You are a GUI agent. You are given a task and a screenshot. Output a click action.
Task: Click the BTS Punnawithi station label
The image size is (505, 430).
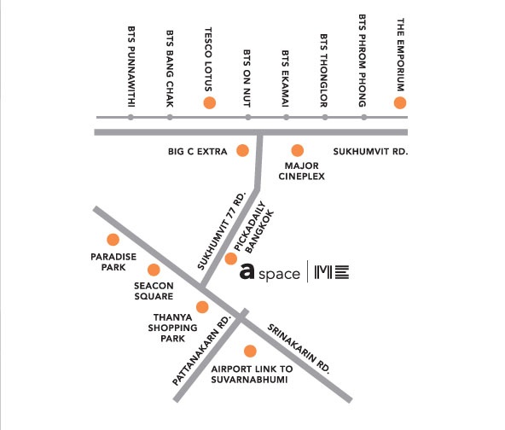coord(131,67)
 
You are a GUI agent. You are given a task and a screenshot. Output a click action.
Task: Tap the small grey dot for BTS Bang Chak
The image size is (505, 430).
coord(170,117)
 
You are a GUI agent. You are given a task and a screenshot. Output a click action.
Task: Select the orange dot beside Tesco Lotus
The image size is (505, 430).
coord(210,102)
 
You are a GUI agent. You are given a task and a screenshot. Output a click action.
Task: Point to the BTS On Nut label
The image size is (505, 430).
coord(247,78)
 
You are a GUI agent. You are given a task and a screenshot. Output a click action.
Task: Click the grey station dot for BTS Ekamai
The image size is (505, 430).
coord(286,117)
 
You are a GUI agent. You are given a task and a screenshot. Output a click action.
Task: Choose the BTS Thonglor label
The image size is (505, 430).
coord(324,71)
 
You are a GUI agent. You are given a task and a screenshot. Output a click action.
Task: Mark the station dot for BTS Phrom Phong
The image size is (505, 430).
coord(364,117)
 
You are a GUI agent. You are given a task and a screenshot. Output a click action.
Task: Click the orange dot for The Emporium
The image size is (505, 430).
coord(400,102)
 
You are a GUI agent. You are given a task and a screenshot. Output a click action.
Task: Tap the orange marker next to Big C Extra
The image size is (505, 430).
coord(242,150)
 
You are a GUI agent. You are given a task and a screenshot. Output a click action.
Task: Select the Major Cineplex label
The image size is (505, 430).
coord(301,171)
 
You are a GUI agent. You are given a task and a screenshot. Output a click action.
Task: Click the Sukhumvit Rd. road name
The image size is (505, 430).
coord(370,151)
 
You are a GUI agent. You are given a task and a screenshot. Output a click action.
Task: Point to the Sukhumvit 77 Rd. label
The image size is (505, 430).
coord(222,230)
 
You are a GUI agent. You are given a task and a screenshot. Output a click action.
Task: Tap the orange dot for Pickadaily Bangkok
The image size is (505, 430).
coord(231,259)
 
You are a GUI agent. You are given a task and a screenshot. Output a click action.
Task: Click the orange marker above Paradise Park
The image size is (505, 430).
coord(113,240)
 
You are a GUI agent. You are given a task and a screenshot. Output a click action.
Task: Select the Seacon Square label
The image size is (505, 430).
coord(154,291)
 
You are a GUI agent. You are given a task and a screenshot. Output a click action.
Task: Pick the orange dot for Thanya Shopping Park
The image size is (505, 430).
coord(202,307)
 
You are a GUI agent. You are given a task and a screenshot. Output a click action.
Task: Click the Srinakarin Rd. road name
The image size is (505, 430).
coord(299,349)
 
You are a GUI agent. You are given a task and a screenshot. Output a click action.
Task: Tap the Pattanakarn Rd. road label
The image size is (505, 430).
coord(202,350)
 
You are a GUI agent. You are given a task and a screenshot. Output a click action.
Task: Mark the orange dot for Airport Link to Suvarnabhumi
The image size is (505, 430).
coord(250,352)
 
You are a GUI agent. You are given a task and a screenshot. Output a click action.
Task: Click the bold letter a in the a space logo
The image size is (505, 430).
coord(247,271)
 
